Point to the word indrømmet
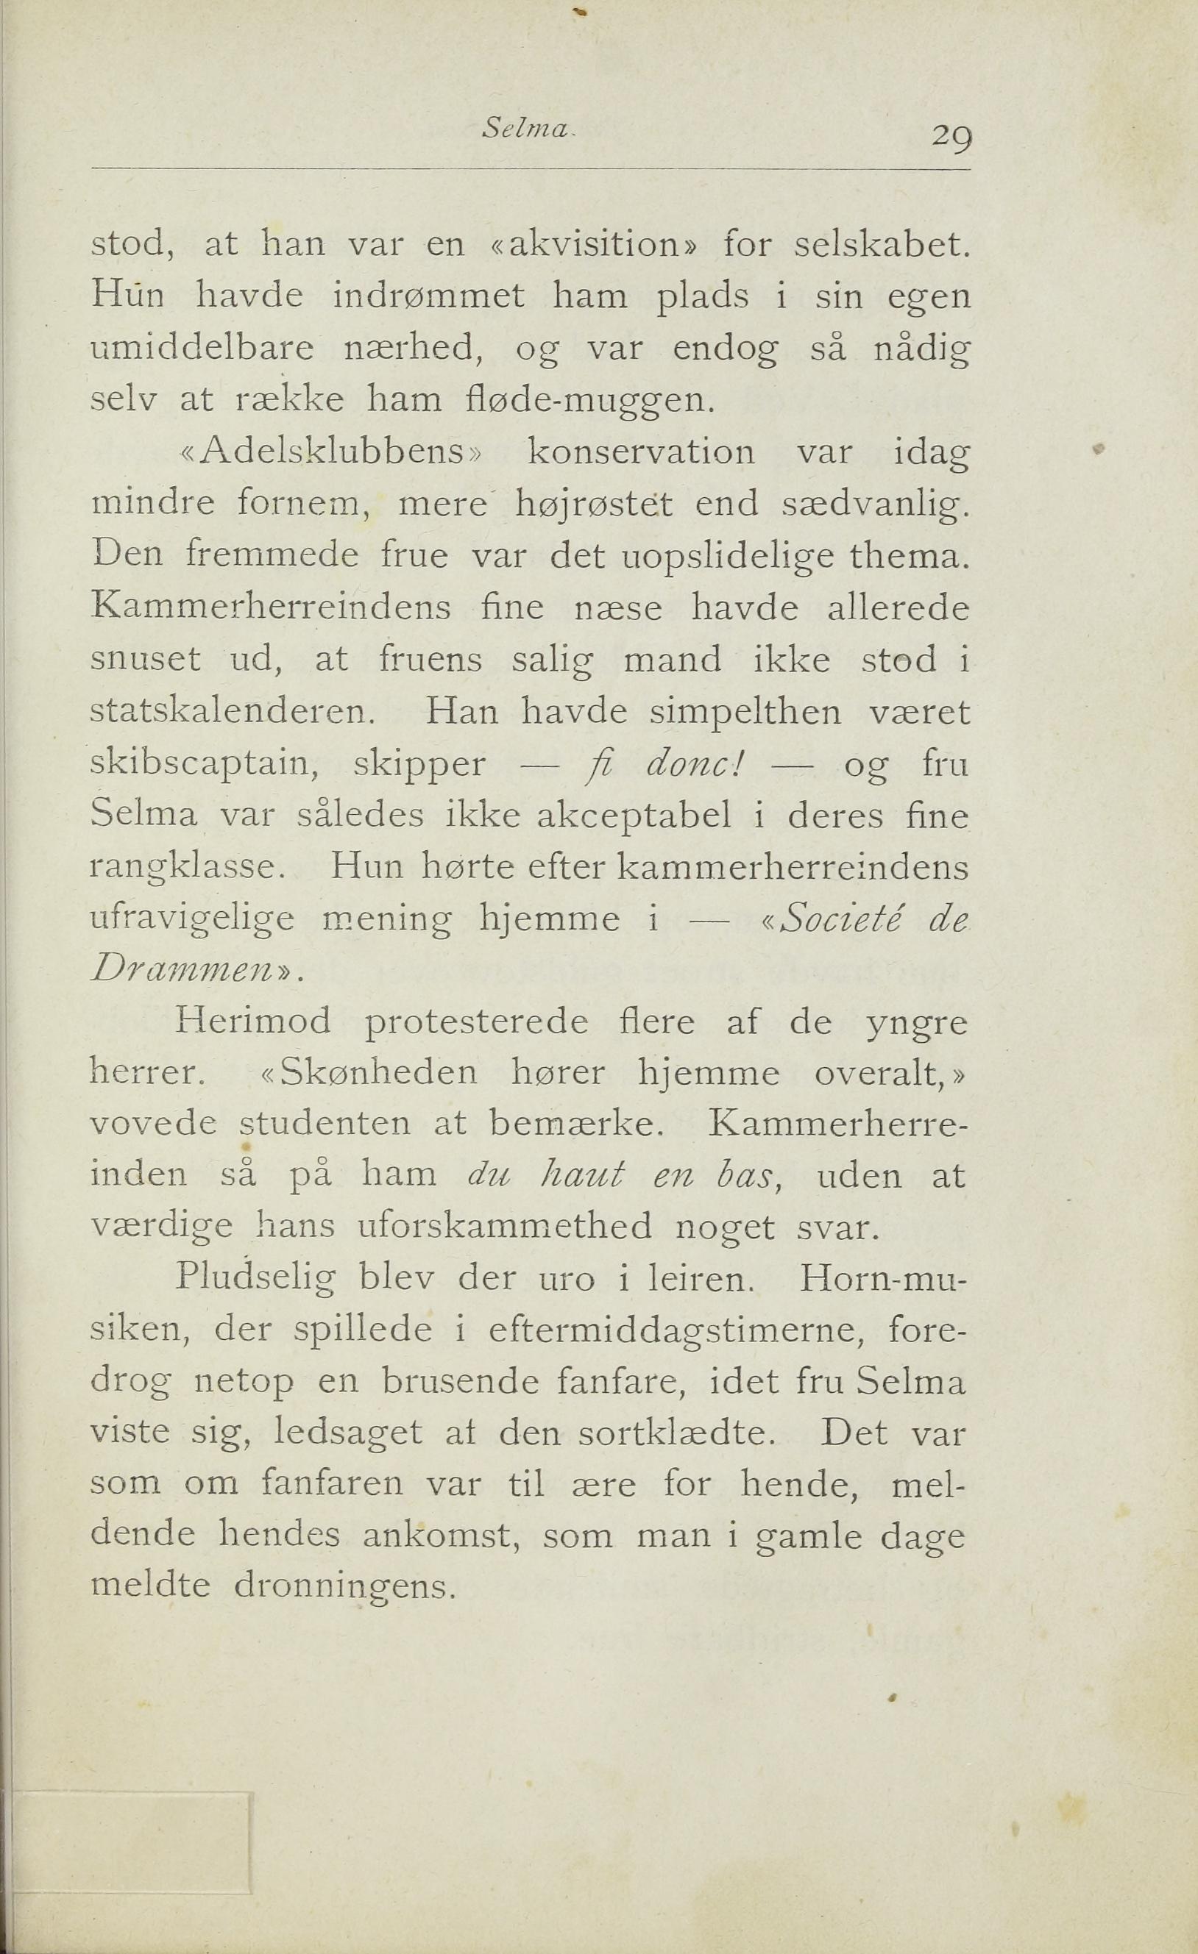coord(428,296)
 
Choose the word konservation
coord(641,452)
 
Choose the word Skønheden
coord(380,1073)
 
